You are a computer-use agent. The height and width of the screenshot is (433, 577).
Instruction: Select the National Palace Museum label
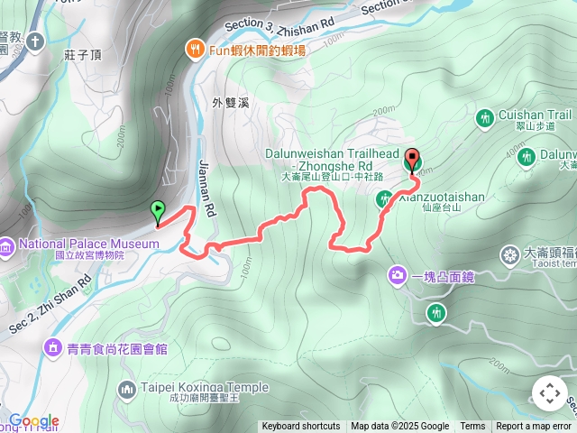(76, 244)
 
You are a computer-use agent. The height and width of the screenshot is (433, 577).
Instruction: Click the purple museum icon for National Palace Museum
(7, 244)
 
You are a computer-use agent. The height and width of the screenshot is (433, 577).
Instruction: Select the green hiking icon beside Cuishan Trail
(483, 116)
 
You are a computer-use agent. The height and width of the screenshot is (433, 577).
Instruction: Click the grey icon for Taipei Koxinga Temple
(127, 389)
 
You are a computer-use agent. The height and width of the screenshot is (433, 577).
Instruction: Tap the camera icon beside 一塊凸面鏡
(398, 274)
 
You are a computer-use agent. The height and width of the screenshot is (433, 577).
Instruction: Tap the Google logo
(33, 420)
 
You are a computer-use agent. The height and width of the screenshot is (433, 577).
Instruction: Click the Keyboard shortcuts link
(301, 427)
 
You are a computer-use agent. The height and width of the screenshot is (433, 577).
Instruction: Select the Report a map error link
(534, 427)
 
